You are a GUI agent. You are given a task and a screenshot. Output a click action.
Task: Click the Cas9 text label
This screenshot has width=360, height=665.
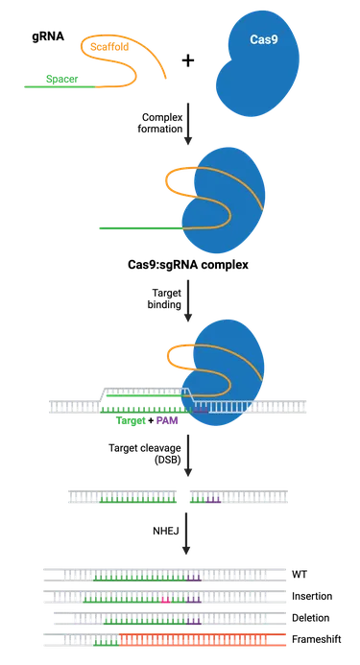click(264, 42)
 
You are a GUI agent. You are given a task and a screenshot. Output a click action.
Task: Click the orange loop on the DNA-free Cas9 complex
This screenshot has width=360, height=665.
click(177, 179)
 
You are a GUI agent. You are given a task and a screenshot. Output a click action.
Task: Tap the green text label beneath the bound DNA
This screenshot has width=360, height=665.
click(130, 421)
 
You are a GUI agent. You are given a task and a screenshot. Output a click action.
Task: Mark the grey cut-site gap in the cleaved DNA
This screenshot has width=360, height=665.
click(181, 498)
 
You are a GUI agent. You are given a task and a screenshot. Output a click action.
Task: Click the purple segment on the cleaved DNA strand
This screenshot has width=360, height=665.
click(213, 500)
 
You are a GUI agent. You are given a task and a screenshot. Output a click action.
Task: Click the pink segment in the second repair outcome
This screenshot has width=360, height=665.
click(166, 601)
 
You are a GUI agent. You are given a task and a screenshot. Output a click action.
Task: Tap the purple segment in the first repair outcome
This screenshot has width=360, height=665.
click(195, 579)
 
